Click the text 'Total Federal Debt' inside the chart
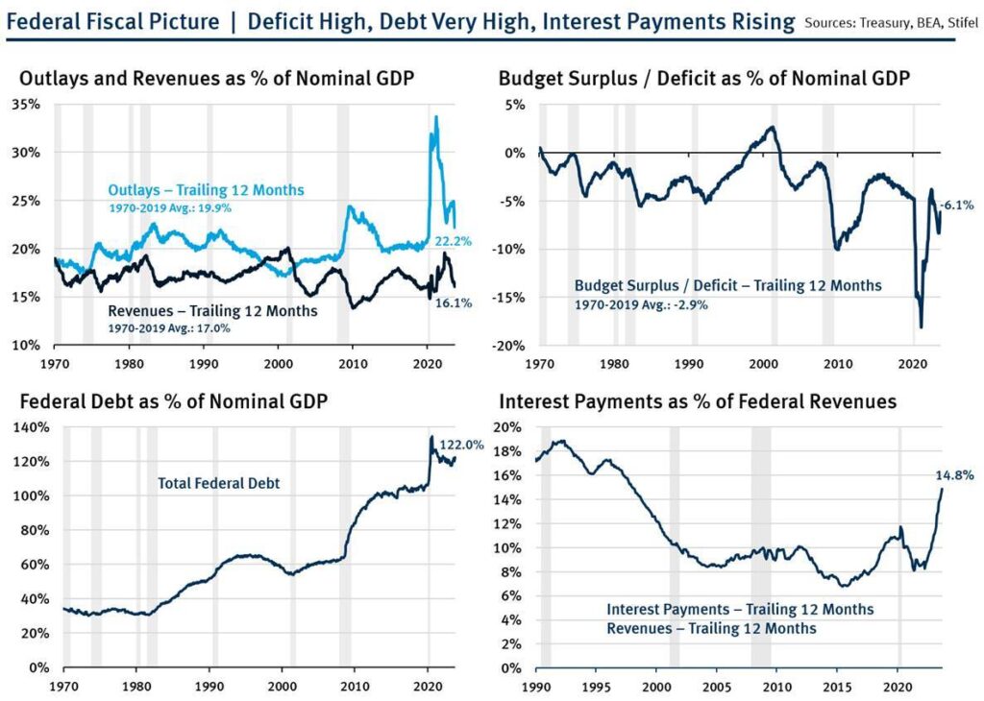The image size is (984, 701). coord(218,483)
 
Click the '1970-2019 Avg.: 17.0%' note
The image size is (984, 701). coord(169,328)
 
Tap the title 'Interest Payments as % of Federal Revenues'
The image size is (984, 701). coord(697,401)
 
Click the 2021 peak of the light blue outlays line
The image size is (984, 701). coord(436,117)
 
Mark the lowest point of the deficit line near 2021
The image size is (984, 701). coord(922,327)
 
